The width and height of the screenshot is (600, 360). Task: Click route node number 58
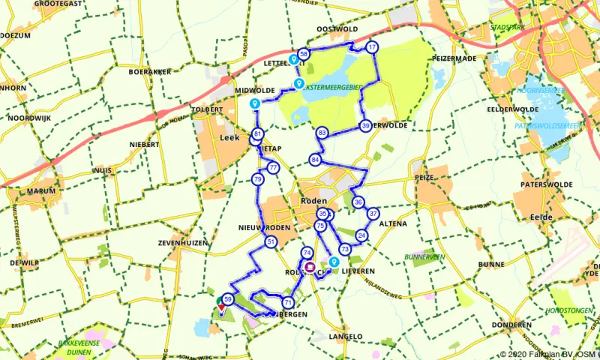click(x=304, y=54)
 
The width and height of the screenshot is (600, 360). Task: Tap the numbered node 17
click(x=372, y=48)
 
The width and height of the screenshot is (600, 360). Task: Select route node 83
click(x=322, y=133)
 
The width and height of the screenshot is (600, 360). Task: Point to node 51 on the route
click(x=270, y=241)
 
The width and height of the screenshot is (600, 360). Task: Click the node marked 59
click(x=229, y=300)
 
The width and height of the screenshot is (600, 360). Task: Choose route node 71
click(x=288, y=302)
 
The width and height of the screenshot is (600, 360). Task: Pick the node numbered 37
click(x=373, y=214)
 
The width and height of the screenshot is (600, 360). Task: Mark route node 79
click(x=257, y=179)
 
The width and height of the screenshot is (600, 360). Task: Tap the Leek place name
click(x=229, y=138)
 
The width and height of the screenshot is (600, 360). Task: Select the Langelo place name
click(x=345, y=337)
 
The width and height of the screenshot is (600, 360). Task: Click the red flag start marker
click(x=222, y=307)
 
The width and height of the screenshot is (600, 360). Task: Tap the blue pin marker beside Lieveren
click(x=334, y=262)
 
